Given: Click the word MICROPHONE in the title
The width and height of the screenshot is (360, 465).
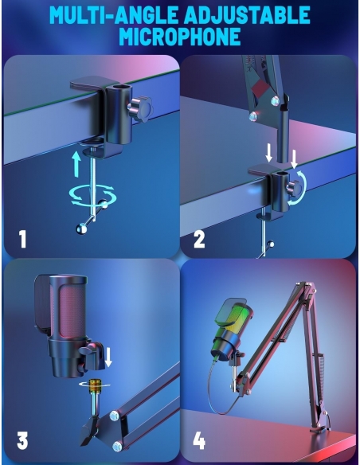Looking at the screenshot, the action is [x=180, y=37].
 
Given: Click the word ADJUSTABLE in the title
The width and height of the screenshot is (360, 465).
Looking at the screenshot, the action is [x=247, y=14].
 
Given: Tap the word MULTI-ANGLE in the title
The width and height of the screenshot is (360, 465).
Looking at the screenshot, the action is [x=114, y=14].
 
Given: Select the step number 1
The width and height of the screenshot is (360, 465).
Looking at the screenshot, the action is [x=23, y=239].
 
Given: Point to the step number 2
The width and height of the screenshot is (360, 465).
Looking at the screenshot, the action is [x=199, y=240].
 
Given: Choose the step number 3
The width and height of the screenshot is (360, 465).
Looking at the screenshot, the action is [x=22, y=440].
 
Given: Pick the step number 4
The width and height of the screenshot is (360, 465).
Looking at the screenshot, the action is [x=199, y=440].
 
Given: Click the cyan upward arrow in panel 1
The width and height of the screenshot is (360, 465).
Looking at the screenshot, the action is [x=76, y=164].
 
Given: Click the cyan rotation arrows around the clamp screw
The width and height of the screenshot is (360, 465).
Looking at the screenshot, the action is [x=92, y=196].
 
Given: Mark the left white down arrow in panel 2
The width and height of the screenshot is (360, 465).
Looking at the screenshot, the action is [x=268, y=154].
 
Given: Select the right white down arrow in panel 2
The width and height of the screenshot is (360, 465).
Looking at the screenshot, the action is [x=294, y=159].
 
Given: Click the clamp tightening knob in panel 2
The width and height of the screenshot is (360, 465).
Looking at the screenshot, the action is [x=294, y=187].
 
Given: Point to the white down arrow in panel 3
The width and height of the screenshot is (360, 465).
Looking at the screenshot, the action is [x=108, y=358].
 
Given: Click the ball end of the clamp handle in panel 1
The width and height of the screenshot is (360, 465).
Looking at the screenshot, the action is [x=81, y=229].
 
